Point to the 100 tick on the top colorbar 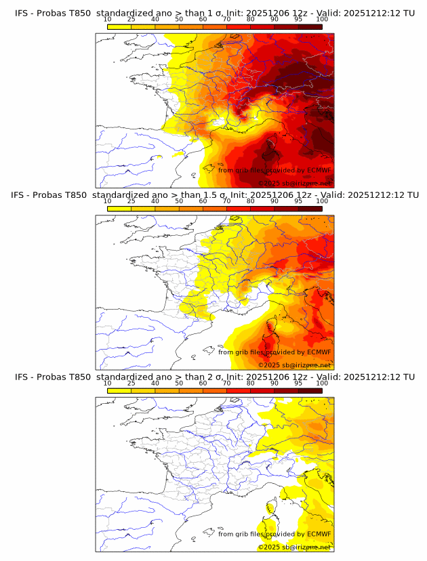click(x=322, y=20)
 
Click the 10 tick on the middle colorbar click(x=107, y=201)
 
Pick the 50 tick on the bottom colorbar click(x=179, y=383)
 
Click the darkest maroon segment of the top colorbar click(x=310, y=26)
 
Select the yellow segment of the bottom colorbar click(x=119, y=390)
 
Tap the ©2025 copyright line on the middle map click(x=294, y=365)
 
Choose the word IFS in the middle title click(x=20, y=195)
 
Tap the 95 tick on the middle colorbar click(x=298, y=201)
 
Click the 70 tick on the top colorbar click(x=226, y=20)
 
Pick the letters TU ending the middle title click(x=409, y=195)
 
